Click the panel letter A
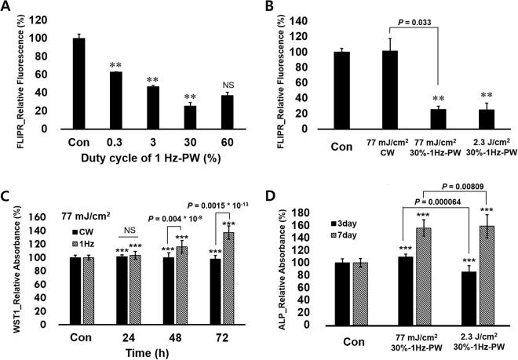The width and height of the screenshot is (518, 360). coord(7,7)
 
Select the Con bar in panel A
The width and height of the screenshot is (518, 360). coord(78,83)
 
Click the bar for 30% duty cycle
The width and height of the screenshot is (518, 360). coord(189,117)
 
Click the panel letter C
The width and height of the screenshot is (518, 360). coord(7,187)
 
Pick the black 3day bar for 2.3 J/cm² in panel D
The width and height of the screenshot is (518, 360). coord(468,303)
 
